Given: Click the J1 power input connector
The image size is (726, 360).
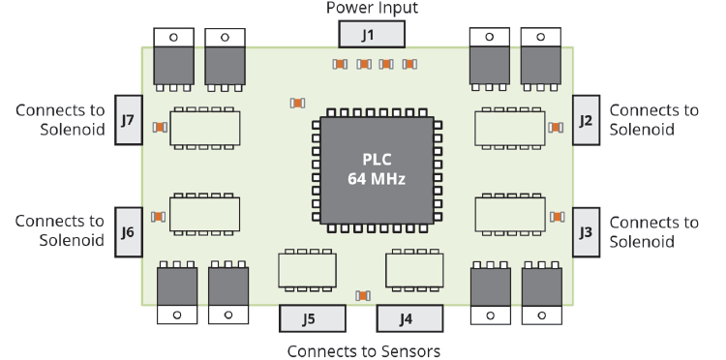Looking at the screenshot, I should (x=370, y=35).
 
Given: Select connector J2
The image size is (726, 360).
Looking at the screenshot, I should (x=586, y=120).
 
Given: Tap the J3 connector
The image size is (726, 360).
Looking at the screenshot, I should (x=586, y=231).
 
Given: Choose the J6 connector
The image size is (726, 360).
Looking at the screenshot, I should (x=128, y=231).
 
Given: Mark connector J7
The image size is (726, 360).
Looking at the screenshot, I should (x=128, y=120).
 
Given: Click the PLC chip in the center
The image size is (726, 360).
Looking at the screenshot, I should (x=378, y=169).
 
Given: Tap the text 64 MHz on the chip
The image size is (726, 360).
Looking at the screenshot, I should (x=378, y=179).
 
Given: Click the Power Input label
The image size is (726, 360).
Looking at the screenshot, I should (x=371, y=9).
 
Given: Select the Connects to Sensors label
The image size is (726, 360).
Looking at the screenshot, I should (x=365, y=349).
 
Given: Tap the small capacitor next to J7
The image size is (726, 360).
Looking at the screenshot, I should (x=160, y=127).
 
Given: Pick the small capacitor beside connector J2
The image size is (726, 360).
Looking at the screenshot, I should (x=556, y=127).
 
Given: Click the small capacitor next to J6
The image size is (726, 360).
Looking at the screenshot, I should (x=159, y=217).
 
